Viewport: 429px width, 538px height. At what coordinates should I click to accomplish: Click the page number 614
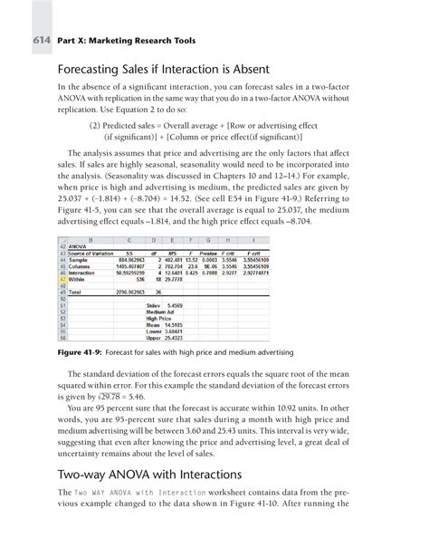tap(40, 41)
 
